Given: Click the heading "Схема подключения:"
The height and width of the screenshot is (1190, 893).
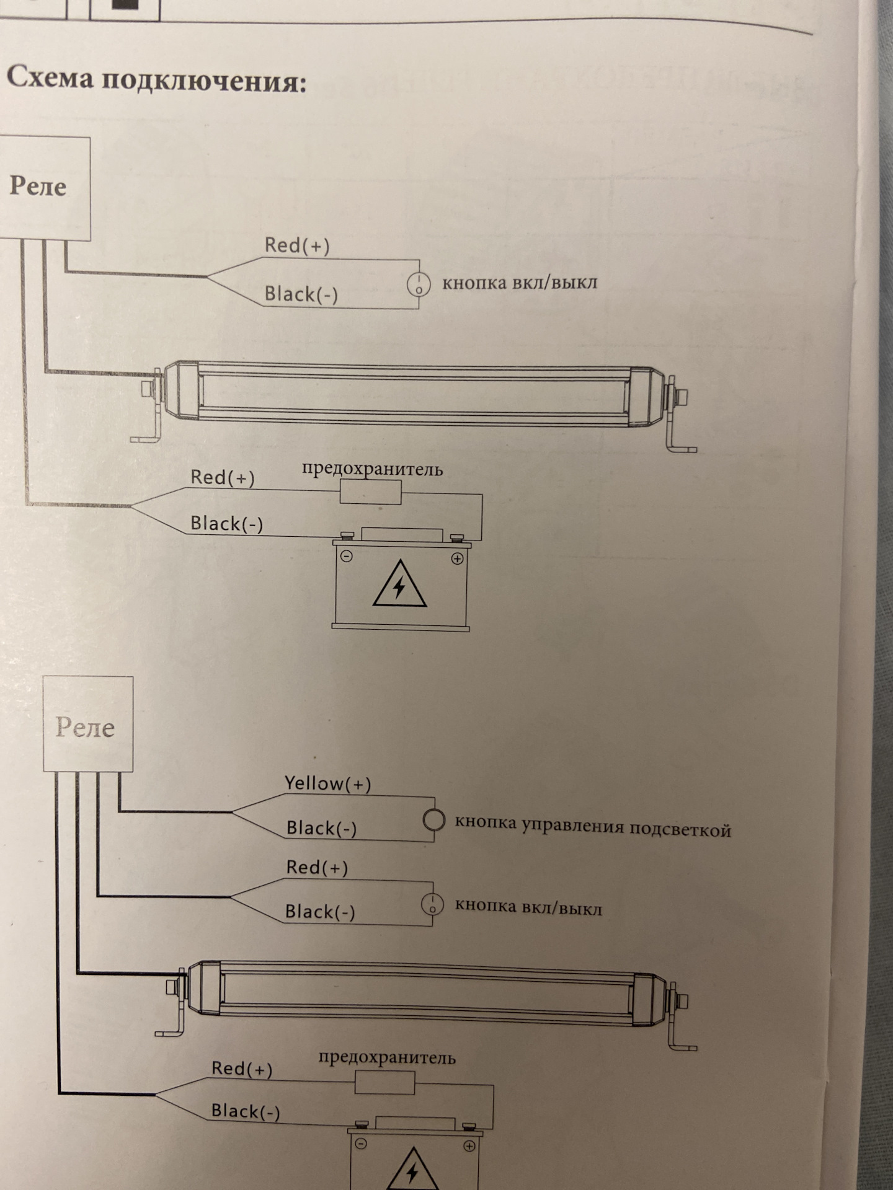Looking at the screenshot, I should pyautogui.click(x=156, y=79).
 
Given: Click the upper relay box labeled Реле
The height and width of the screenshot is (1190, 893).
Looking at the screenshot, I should pyautogui.click(x=43, y=188).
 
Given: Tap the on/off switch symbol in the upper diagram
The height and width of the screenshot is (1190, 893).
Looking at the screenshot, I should pyautogui.click(x=419, y=285).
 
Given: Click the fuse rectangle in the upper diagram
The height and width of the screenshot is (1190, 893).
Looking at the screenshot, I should pyautogui.click(x=370, y=493).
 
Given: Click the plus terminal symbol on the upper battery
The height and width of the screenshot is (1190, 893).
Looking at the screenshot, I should pyautogui.click(x=457, y=559).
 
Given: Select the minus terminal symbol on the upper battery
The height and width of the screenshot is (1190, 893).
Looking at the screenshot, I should pyautogui.click(x=347, y=557).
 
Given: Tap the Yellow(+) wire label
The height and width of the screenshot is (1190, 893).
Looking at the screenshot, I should pyautogui.click(x=327, y=783).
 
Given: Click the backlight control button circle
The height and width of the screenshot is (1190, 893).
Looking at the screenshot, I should pyautogui.click(x=433, y=820).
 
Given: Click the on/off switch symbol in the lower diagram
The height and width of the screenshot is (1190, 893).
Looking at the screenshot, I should pyautogui.click(x=432, y=906).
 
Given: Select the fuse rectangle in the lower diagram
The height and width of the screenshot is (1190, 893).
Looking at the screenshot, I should pyautogui.click(x=384, y=1083).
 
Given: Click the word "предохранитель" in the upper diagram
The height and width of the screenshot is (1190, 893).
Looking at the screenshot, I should pyautogui.click(x=372, y=469).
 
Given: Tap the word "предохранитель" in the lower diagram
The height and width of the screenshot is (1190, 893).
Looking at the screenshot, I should pyautogui.click(x=387, y=1057).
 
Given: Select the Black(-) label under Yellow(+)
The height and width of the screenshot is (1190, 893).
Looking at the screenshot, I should pyautogui.click(x=321, y=828).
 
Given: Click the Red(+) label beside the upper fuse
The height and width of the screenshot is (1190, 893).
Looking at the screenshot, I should pyautogui.click(x=222, y=477).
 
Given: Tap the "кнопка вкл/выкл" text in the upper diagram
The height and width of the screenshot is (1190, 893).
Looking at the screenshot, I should pyautogui.click(x=520, y=283).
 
